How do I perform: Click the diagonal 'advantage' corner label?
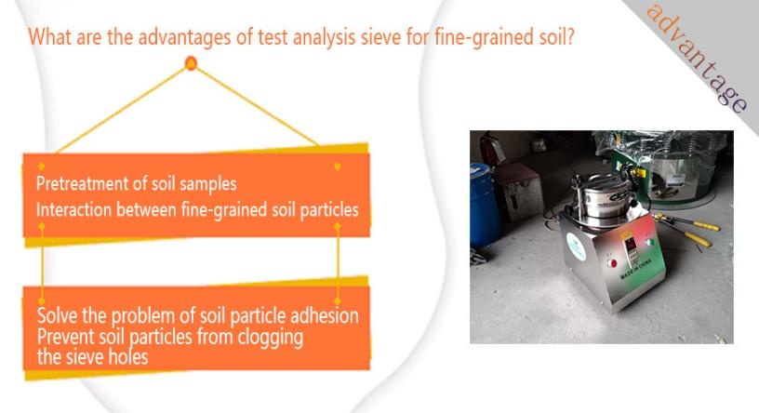(x=697, y=57)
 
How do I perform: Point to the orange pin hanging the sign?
(x=191, y=63)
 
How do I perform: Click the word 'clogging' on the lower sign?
(x=270, y=338)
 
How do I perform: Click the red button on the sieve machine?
(x=613, y=263)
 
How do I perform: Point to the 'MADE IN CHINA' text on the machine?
(x=636, y=269)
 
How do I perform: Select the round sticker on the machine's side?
(x=577, y=246)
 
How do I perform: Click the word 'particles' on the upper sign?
(x=329, y=210)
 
